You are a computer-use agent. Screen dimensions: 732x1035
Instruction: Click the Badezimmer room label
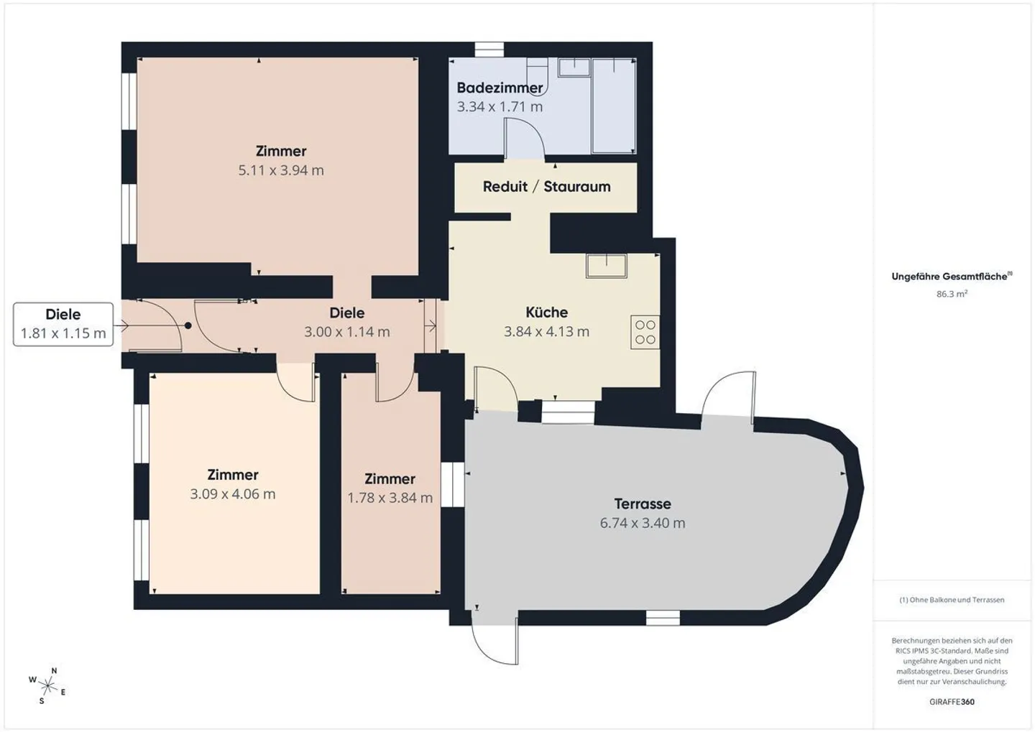coord(500,88)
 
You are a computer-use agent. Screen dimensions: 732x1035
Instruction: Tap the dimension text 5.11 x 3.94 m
coord(281,170)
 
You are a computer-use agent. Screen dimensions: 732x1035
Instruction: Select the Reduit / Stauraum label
coord(546,187)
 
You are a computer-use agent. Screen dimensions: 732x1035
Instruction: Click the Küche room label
coord(546,312)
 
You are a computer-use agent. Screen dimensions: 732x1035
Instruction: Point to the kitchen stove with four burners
coord(645,332)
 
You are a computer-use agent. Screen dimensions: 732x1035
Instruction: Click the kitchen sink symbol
coord(606,266)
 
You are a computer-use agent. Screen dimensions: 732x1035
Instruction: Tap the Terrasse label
coord(643,504)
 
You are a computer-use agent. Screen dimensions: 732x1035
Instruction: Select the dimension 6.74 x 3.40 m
coord(643,523)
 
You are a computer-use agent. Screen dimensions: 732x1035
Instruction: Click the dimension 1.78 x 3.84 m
coord(390,498)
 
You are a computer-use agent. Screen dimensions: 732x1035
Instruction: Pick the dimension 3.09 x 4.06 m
coord(233,494)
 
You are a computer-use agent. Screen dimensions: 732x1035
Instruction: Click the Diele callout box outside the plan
coord(63,324)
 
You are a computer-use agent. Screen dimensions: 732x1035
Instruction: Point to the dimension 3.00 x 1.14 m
coord(346,332)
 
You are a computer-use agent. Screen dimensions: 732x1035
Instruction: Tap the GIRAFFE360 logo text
coord(952,702)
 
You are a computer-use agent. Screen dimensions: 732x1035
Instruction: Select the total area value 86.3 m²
coord(952,294)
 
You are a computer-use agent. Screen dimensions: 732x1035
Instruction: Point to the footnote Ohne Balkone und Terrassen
coord(952,600)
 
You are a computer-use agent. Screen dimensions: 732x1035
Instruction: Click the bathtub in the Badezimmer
coord(614,106)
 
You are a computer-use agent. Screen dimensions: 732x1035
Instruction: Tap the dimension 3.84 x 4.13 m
coord(546,332)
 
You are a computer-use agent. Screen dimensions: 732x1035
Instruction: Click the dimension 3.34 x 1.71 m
coord(500,107)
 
